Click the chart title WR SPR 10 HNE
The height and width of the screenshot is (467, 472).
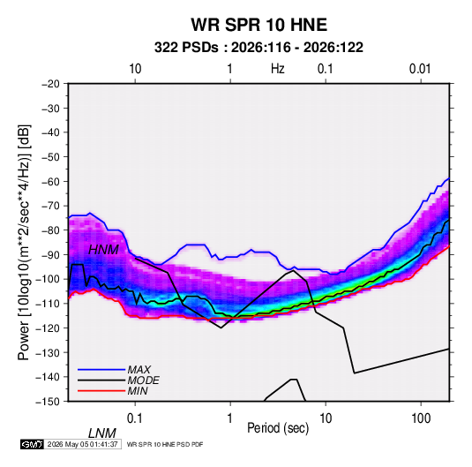(258, 25)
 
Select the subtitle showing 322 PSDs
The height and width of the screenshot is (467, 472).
(258, 48)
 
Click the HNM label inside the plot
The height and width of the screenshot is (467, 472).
(103, 250)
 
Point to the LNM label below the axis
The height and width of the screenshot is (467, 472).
(102, 433)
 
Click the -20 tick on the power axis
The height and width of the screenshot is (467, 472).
(50, 84)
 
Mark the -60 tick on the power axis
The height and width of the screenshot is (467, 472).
(50, 181)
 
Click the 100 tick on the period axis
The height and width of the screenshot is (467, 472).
(421, 418)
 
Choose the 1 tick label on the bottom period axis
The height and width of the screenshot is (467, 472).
(230, 418)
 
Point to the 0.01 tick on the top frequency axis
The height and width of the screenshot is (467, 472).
(420, 69)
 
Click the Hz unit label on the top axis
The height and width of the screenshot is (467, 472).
(278, 69)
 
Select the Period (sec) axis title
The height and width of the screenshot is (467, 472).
(278, 428)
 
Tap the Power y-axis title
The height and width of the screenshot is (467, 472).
(24, 242)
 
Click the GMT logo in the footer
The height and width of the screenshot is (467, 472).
(32, 444)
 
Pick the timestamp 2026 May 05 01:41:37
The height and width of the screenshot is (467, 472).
(82, 444)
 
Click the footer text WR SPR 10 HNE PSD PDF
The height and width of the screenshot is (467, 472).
(165, 444)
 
